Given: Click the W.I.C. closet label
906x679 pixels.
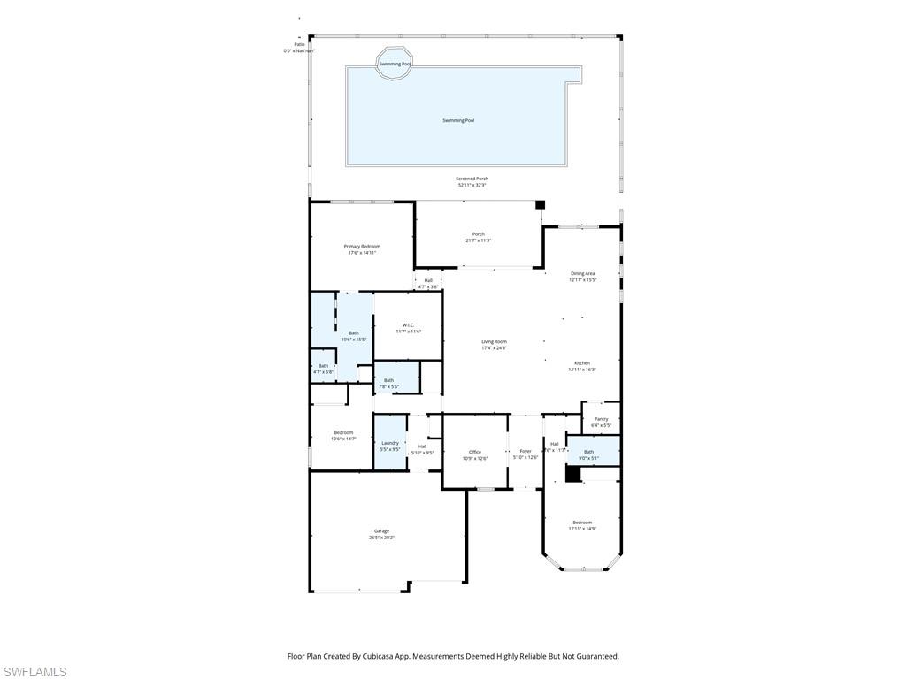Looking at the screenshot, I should [408, 328].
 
